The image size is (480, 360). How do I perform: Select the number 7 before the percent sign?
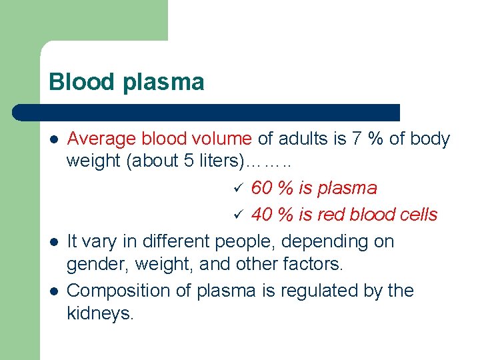point(358,139)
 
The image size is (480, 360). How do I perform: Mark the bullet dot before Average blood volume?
point(53,140)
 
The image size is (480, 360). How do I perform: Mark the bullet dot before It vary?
point(53,242)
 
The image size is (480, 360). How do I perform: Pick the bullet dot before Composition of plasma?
point(53,291)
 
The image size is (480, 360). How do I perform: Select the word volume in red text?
point(223,139)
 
